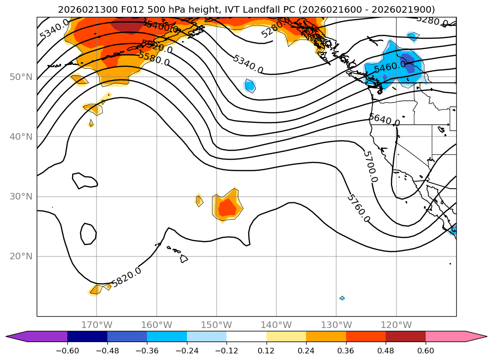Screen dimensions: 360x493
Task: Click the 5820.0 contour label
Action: (x=127, y=277)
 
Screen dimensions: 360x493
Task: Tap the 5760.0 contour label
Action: (x=358, y=208)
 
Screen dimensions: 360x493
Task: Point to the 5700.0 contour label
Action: (x=371, y=167)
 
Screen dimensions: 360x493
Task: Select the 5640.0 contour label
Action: (x=384, y=120)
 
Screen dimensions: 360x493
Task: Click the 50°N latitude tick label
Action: (x=21, y=77)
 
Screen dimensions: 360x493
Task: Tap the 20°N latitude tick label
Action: (x=21, y=256)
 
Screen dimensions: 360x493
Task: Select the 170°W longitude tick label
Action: (x=97, y=325)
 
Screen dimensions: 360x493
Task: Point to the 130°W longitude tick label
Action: (x=336, y=325)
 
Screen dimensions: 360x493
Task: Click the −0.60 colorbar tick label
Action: (x=67, y=351)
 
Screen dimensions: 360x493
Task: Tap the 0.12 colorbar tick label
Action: (x=267, y=351)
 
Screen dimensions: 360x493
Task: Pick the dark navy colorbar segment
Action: (x=87, y=336)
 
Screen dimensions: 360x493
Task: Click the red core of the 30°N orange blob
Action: (x=228, y=207)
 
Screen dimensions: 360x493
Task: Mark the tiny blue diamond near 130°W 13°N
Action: (x=342, y=298)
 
